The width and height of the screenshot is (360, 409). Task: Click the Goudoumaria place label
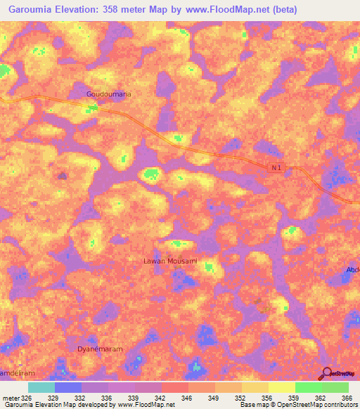click(109, 93)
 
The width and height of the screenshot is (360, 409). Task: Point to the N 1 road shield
click(278, 167)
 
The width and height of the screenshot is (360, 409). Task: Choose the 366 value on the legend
click(347, 398)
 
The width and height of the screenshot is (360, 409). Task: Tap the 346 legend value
click(188, 398)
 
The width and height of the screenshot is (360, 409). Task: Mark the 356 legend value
click(268, 398)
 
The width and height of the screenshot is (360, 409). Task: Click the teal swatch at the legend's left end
click(41, 387)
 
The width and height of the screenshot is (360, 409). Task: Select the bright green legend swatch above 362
click(308, 387)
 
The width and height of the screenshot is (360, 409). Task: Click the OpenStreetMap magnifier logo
click(326, 373)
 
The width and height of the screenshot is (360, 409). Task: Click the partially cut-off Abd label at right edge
click(353, 270)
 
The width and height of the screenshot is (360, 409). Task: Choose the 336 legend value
click(108, 398)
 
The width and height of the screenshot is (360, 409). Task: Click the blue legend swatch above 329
click(67, 387)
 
